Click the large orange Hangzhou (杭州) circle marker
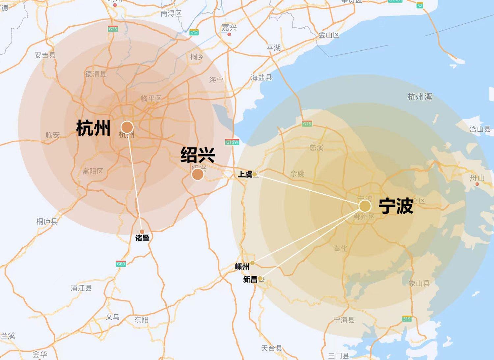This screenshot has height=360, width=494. pyautogui.click(x=127, y=127)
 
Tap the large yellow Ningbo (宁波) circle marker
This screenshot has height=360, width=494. pyautogui.click(x=365, y=206)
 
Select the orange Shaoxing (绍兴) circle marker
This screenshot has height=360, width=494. pyautogui.click(x=198, y=174)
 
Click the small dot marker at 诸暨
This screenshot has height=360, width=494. pyautogui.click(x=142, y=232)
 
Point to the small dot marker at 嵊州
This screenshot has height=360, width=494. pyautogui.click(x=252, y=263)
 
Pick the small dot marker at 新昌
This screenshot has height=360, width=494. pyautogui.click(x=260, y=278)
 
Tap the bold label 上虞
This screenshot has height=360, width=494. pyautogui.click(x=245, y=174)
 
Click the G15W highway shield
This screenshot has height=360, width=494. pyautogui.click(x=232, y=142)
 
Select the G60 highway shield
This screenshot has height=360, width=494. pyautogui.click(x=121, y=263)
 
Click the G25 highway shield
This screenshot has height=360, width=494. pyautogui.click(x=113, y=29)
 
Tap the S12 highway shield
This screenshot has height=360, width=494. pyautogui.click(x=194, y=32)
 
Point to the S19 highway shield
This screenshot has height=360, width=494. pyautogui.click(x=407, y=318)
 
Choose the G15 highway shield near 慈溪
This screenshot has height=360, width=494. pyautogui.click(x=307, y=124)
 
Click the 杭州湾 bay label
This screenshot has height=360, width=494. pyautogui.click(x=420, y=97)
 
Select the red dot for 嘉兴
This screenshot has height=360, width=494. pyautogui.click(x=230, y=34)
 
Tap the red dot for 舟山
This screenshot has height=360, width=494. pyautogui.click(x=477, y=184)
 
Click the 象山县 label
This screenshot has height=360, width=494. pyautogui.click(x=419, y=283)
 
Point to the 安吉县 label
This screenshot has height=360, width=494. pyautogui.click(x=45, y=55)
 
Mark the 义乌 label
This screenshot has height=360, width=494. pyautogui.click(x=112, y=317)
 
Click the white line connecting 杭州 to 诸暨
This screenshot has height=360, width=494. pyautogui.click(x=135, y=180)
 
